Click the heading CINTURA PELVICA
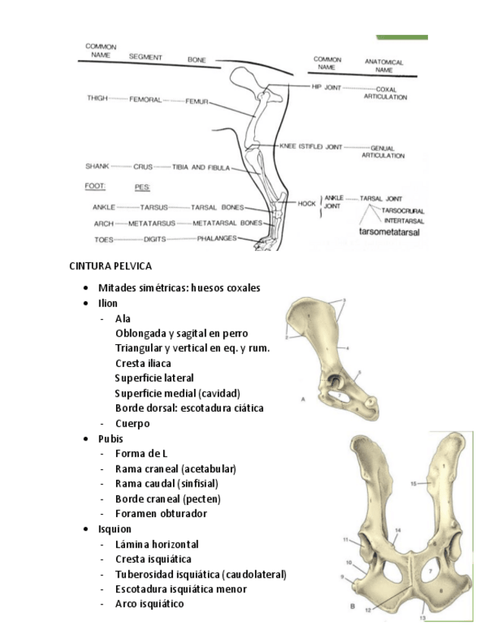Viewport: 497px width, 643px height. pos(110,265)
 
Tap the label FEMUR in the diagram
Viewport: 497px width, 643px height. pos(197,101)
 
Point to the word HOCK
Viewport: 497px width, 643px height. pos(307,203)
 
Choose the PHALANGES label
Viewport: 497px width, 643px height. pos(216,238)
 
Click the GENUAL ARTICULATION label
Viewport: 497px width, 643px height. pos(383,152)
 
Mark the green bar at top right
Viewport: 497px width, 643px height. pos(402,37)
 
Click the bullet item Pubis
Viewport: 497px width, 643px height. pos(111,438)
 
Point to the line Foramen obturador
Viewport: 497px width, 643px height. pos(161,513)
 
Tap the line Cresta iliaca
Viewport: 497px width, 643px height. pos(143,363)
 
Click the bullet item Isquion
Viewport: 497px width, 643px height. pos(115,529)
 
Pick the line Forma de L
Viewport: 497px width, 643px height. pos(140,453)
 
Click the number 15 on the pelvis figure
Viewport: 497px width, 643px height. pos(414,482)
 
